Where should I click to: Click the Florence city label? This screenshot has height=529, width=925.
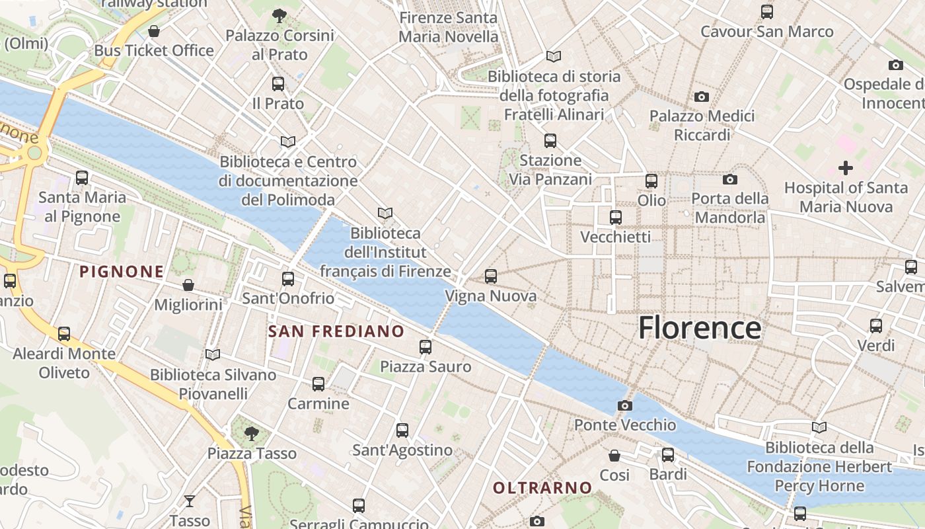pyautogui.click(x=699, y=328)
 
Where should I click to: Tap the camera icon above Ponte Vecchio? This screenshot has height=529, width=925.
pyautogui.click(x=624, y=405)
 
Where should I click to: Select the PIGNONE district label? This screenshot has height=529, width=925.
pyautogui.click(x=122, y=271)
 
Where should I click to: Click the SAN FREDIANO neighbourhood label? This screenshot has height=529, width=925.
pyautogui.click(x=336, y=331)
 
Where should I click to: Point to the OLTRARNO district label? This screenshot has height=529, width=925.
pyautogui.click(x=542, y=488)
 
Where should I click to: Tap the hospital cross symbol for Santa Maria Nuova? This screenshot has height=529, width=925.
pyautogui.click(x=845, y=167)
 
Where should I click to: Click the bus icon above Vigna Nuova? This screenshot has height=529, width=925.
pyautogui.click(x=490, y=276)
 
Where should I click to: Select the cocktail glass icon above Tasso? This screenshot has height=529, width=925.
pyautogui.click(x=190, y=501)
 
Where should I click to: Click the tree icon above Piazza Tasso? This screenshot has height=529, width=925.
pyautogui.click(x=251, y=434)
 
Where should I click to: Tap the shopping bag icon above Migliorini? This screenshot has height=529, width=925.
pyautogui.click(x=188, y=285)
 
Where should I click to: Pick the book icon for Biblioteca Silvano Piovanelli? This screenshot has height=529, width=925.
pyautogui.click(x=212, y=355)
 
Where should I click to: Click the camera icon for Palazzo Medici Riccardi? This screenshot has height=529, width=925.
pyautogui.click(x=701, y=97)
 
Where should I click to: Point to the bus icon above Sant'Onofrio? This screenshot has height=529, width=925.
pyautogui.click(x=288, y=279)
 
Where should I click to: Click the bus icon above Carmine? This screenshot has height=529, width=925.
pyautogui.click(x=318, y=384)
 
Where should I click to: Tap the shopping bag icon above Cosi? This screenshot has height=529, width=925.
pyautogui.click(x=614, y=456)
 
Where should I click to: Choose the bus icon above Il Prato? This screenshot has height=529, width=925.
pyautogui.click(x=278, y=84)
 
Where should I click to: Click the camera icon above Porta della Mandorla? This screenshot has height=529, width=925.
pyautogui.click(x=729, y=179)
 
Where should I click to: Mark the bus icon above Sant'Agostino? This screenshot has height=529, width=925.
pyautogui.click(x=402, y=430)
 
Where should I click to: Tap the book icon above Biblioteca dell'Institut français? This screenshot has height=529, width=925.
pyautogui.click(x=385, y=213)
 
